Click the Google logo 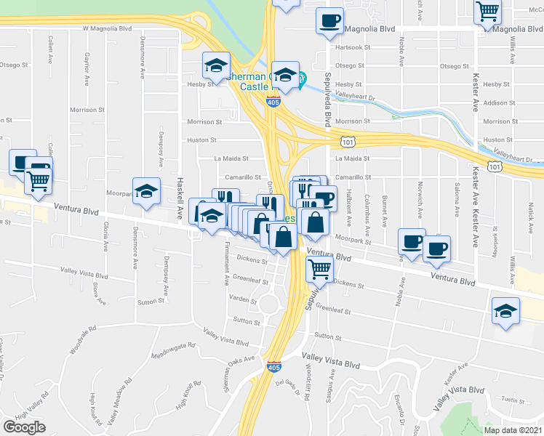[24, 427]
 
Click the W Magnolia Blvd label [107, 28]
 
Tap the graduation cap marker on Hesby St [216, 65]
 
